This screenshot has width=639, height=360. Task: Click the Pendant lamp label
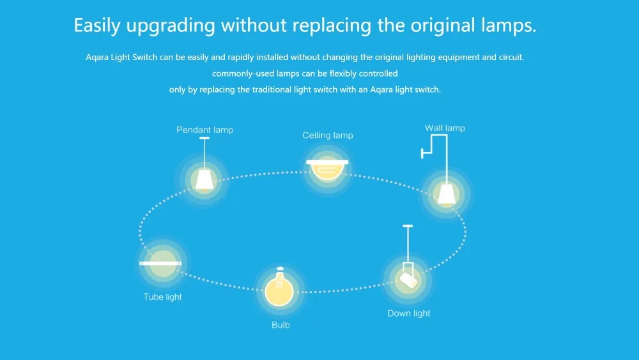204,130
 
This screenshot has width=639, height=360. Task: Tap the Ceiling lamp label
327,136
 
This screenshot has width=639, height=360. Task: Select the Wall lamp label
445,128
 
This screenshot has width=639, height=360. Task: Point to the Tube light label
162,297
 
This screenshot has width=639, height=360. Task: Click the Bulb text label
280,325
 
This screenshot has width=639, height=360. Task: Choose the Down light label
409,313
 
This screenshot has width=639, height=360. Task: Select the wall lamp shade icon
446,193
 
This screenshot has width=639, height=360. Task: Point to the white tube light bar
161,263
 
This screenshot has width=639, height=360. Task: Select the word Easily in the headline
98,26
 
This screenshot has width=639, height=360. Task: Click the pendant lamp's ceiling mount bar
204,138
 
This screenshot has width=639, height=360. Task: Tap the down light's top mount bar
407,226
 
